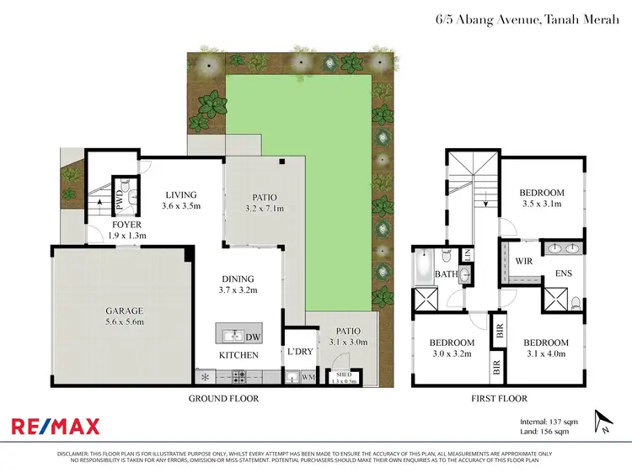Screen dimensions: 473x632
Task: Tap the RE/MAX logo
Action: (55, 426)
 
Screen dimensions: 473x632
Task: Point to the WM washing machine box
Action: (308, 377)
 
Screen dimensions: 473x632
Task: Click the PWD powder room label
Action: (121, 202)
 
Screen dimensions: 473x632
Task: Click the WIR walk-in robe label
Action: (523, 262)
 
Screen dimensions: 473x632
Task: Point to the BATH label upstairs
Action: (446, 274)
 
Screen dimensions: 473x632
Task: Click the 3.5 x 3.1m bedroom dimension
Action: (542, 205)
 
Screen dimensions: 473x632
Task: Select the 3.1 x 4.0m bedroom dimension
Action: (545, 354)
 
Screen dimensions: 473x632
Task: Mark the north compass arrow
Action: (600, 418)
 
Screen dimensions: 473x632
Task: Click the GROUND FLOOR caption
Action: (223, 398)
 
